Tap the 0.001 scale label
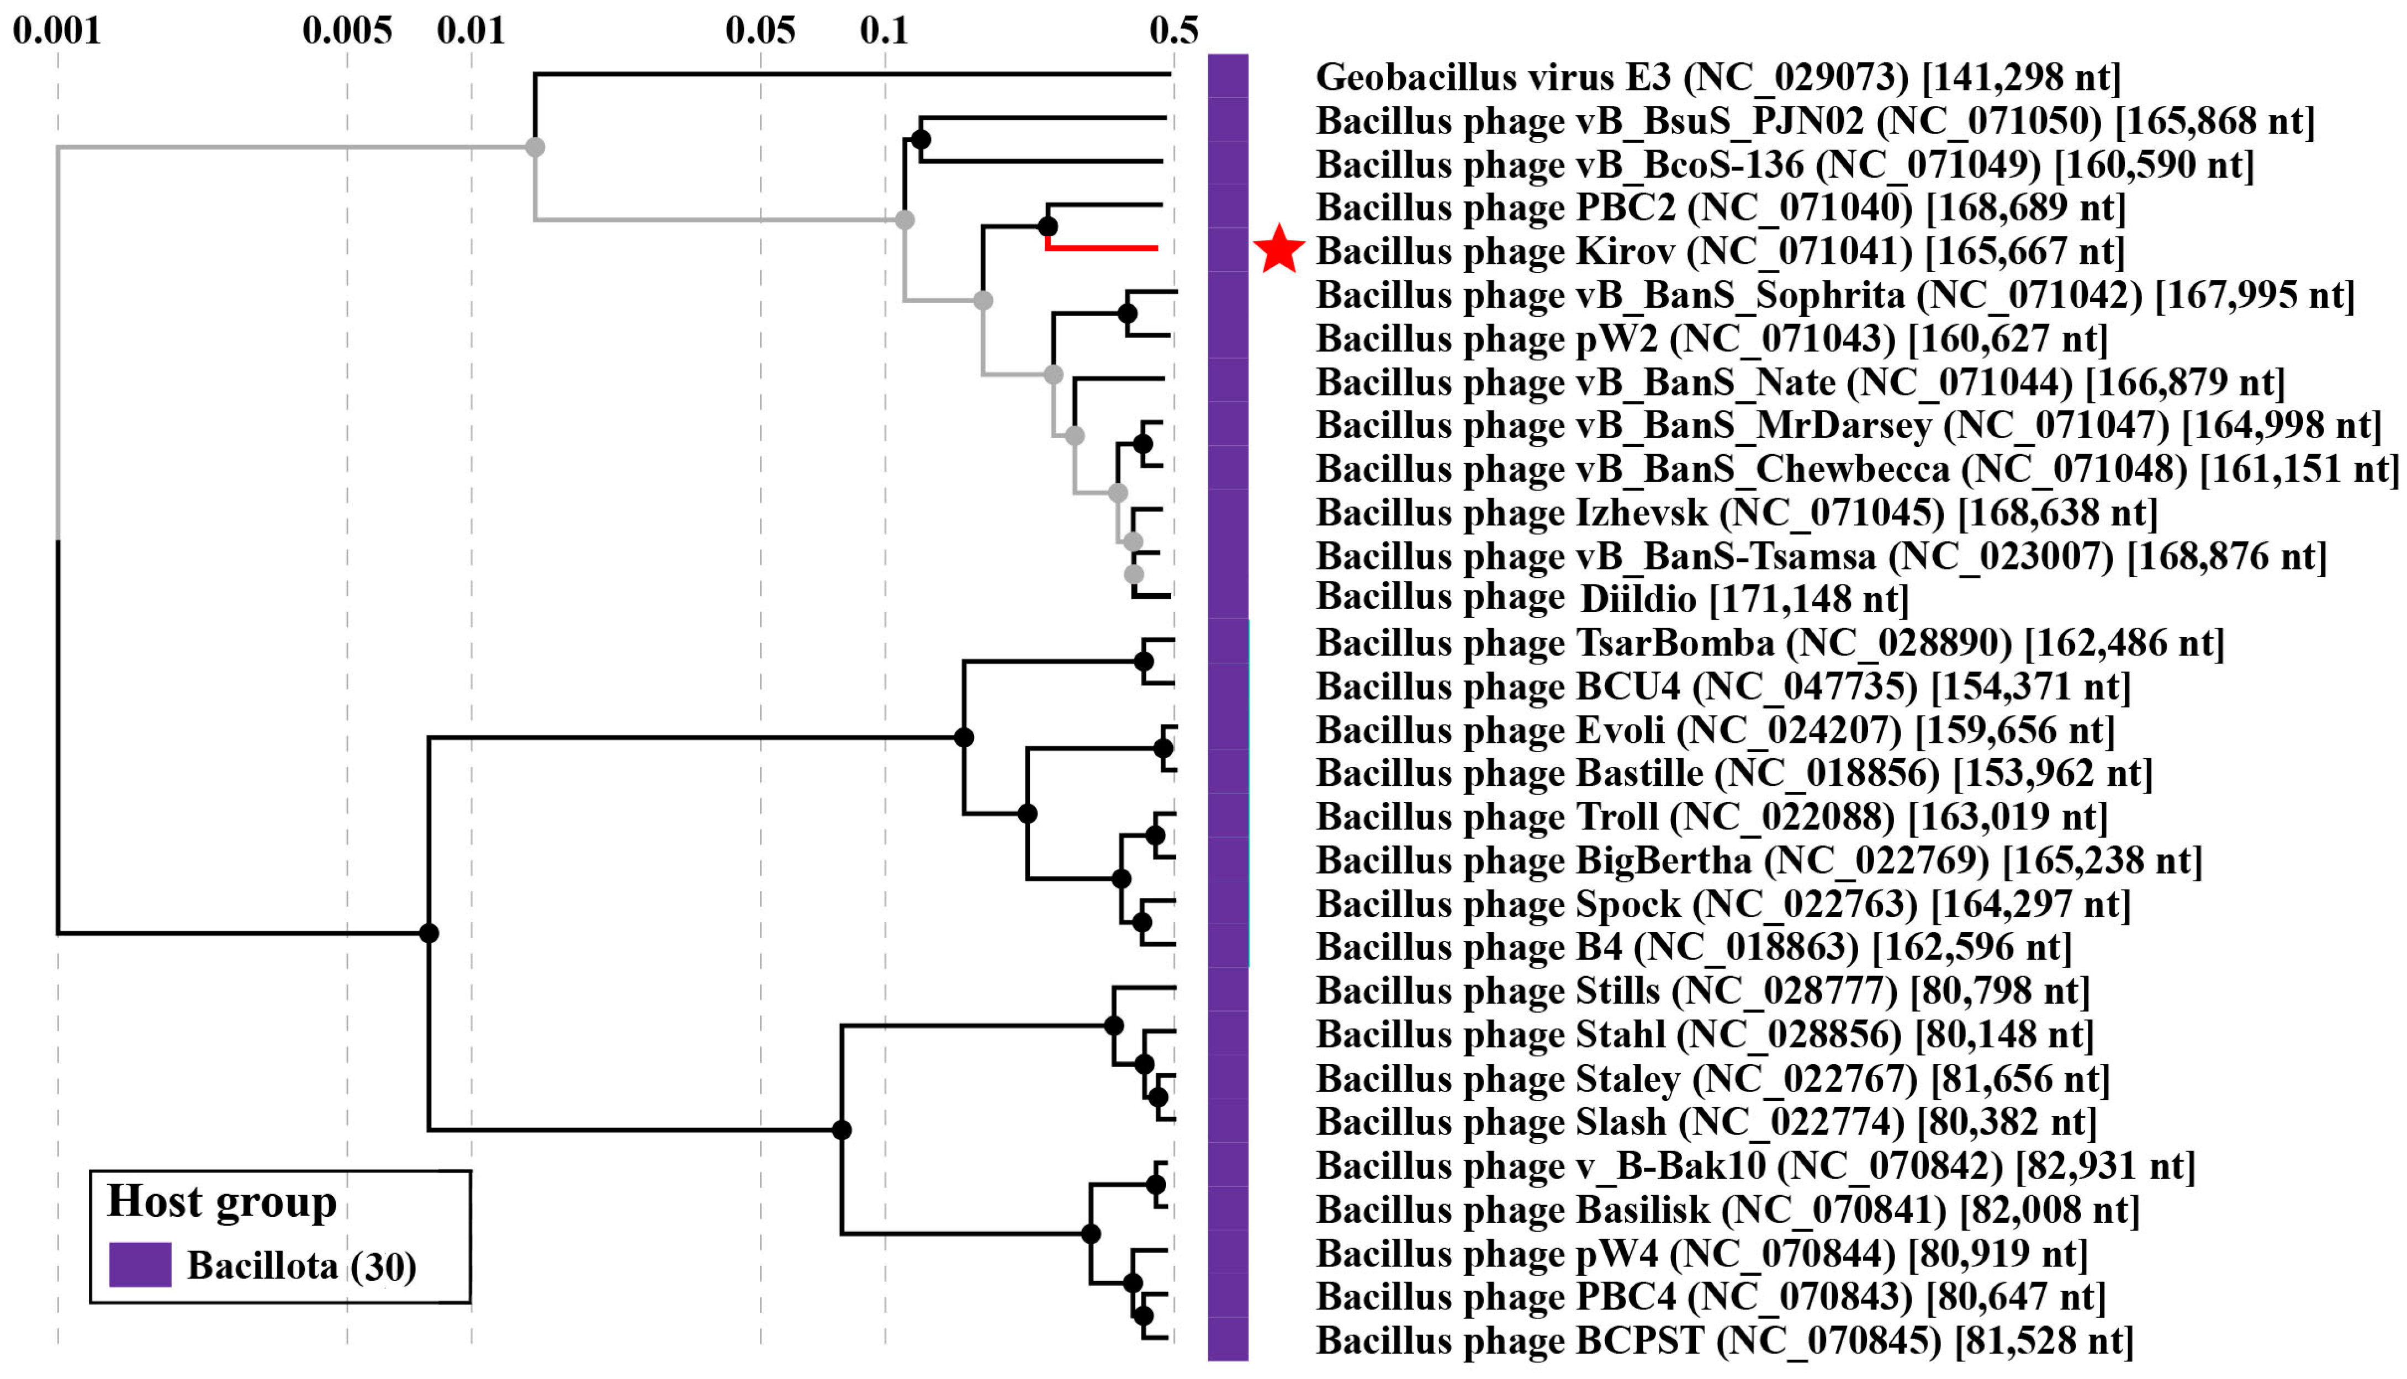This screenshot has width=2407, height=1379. pos(57,31)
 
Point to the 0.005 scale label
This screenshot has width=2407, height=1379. pos(347,31)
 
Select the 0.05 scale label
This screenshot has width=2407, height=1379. pos(760,31)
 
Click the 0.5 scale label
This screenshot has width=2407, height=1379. pos(1173,31)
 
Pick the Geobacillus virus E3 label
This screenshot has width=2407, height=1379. pos(1718,77)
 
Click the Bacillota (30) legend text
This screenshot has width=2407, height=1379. pos(301,1266)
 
